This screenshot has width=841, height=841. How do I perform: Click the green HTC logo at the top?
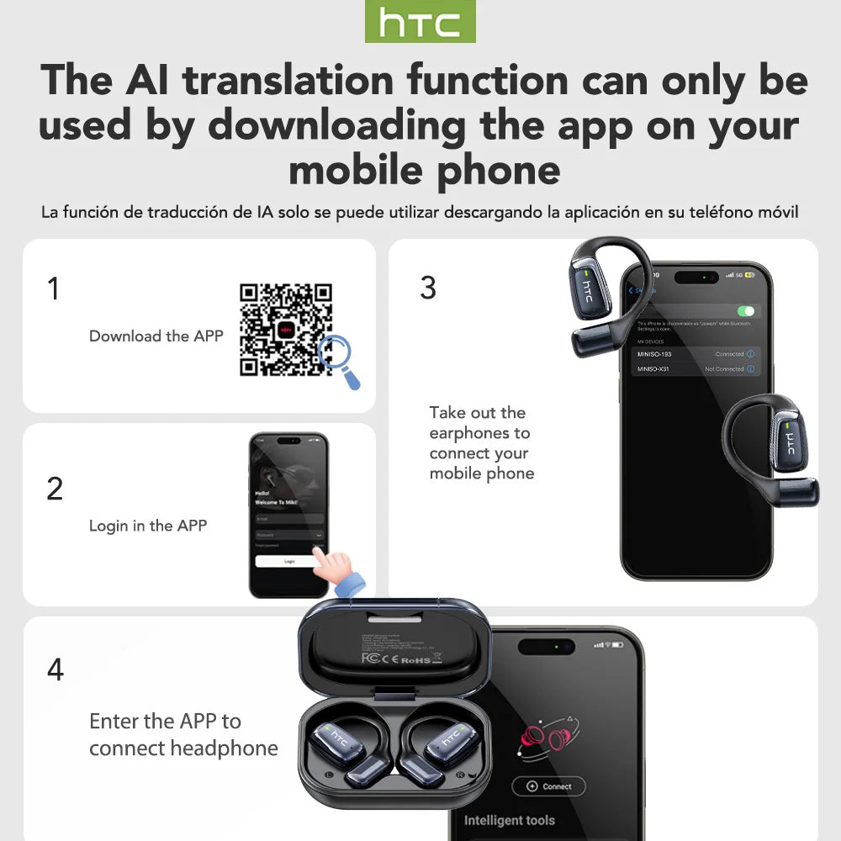tap(420, 22)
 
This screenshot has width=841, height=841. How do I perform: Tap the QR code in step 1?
tap(286, 329)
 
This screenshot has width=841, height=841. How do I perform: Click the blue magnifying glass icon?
tap(339, 359)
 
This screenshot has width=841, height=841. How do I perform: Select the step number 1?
tap(54, 288)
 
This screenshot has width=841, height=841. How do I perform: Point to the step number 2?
tap(55, 489)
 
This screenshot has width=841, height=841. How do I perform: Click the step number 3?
tap(428, 288)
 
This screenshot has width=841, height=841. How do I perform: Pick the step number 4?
tap(55, 669)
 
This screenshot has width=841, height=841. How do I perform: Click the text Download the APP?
tap(156, 336)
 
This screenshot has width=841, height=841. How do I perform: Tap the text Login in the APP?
tap(148, 526)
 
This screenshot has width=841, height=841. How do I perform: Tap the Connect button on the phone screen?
tap(549, 786)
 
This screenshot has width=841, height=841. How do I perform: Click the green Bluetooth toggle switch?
tap(745, 311)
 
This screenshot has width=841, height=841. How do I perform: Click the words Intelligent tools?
tap(510, 820)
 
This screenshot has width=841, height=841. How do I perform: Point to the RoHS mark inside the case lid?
tap(416, 659)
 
